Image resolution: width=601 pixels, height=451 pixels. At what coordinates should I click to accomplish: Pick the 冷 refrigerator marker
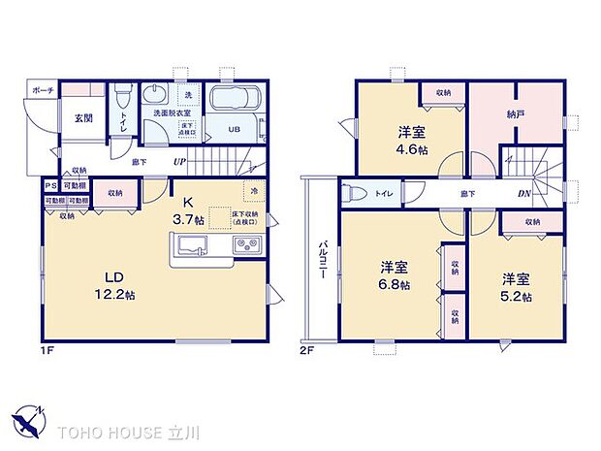tap(254, 192)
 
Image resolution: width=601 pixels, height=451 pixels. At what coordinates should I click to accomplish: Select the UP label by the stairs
tap(179, 162)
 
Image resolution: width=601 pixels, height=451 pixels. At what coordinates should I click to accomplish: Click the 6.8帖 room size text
tap(394, 284)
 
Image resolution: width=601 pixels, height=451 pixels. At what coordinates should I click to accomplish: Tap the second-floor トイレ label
tap(385, 194)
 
